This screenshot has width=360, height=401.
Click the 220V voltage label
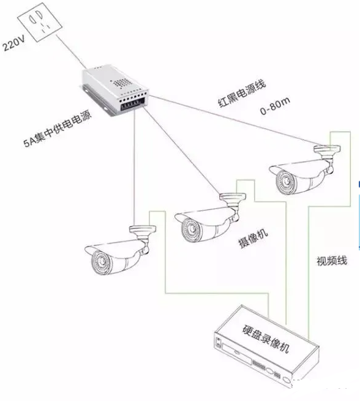[x=14, y=43]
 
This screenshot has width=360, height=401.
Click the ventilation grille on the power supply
[x=121, y=83]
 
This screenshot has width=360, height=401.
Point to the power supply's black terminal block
[x=133, y=104]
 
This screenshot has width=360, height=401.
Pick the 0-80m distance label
[x=275, y=105]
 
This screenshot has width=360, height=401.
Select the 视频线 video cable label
[x=332, y=261]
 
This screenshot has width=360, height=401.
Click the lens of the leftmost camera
[x=102, y=262]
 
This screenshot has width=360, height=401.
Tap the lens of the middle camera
[x=191, y=228]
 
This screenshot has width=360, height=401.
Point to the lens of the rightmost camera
[x=286, y=180]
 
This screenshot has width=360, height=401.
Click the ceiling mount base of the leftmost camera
[x=143, y=230]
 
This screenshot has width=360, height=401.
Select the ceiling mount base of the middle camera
[x=233, y=197]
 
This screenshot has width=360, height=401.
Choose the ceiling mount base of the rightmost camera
[x=327, y=149]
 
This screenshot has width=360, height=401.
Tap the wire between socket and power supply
[x=71, y=51]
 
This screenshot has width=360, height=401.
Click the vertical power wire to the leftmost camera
[x=133, y=168]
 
